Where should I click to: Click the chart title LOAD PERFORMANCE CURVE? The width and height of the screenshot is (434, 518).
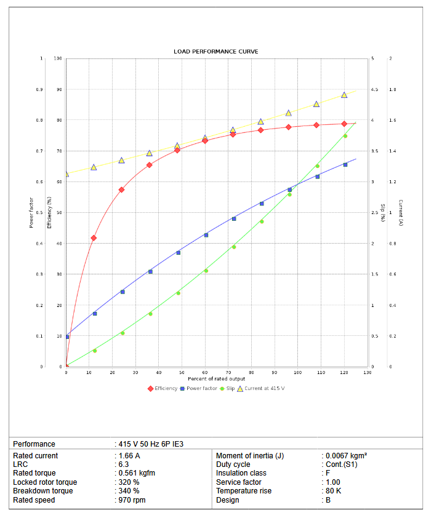(x=215, y=51)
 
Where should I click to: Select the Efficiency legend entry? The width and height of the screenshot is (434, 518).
(x=163, y=388)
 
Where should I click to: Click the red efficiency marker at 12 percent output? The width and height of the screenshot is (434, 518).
(x=94, y=238)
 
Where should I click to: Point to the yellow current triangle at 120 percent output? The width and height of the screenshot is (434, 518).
(x=344, y=95)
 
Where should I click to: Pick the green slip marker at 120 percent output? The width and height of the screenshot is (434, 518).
(x=345, y=136)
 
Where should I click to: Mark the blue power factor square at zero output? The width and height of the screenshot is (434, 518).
(x=66, y=337)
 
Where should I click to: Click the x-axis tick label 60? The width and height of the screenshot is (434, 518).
(x=205, y=373)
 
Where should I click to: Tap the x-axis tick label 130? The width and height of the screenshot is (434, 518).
(x=367, y=373)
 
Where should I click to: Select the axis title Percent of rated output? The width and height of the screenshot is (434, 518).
(x=216, y=379)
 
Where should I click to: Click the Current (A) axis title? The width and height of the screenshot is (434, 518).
(x=400, y=213)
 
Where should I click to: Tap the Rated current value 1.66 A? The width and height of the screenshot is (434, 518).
(x=129, y=456)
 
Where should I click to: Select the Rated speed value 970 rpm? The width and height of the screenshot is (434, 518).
(x=132, y=500)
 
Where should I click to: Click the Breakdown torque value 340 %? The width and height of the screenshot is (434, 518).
(x=129, y=491)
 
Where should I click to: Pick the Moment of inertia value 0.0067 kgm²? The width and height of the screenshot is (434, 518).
(x=346, y=456)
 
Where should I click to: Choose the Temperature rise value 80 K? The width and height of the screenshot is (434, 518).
(x=333, y=491)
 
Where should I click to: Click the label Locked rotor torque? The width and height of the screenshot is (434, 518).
(x=45, y=482)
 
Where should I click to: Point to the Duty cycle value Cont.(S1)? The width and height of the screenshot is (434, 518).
(x=341, y=464)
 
